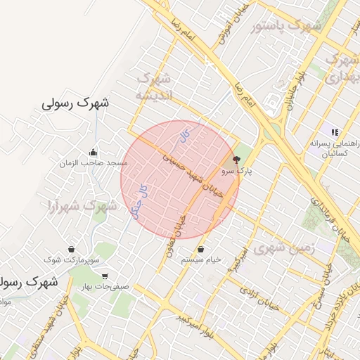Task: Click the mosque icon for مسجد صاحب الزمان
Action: pyautogui.click(x=94, y=153)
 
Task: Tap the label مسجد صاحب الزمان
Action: pyautogui.click(x=94, y=163)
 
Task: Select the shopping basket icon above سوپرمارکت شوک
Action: pyautogui.click(x=72, y=250)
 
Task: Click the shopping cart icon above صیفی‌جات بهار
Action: pyautogui.click(x=105, y=276)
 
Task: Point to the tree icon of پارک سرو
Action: pyautogui.click(x=236, y=160)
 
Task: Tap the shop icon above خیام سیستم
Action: pyautogui.click(x=202, y=249)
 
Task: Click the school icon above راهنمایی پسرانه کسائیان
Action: pyautogui.click(x=335, y=131)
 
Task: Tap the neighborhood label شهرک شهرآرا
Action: pyautogui.click(x=81, y=206)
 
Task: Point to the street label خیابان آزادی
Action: pyautogui.click(x=259, y=298)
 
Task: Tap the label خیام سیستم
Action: pyautogui.click(x=202, y=259)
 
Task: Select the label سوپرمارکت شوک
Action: pyautogui.click(x=72, y=260)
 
